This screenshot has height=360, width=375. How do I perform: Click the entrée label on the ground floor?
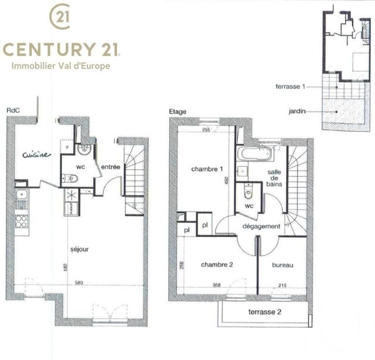[x=110, y=167]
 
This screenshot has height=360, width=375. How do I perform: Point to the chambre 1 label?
[x=207, y=169]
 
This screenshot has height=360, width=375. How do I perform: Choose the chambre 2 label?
[x=217, y=265]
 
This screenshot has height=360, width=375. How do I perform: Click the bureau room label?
[x=282, y=265]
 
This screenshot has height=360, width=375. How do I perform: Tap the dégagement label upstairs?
[x=262, y=226]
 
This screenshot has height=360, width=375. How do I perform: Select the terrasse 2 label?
[x=265, y=311]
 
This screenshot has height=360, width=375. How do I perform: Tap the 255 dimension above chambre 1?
[x=206, y=131]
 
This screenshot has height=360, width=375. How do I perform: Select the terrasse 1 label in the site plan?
[x=291, y=87]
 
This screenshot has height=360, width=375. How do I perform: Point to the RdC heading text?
[x=12, y=110]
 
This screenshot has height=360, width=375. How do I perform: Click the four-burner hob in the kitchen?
[x=22, y=221]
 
